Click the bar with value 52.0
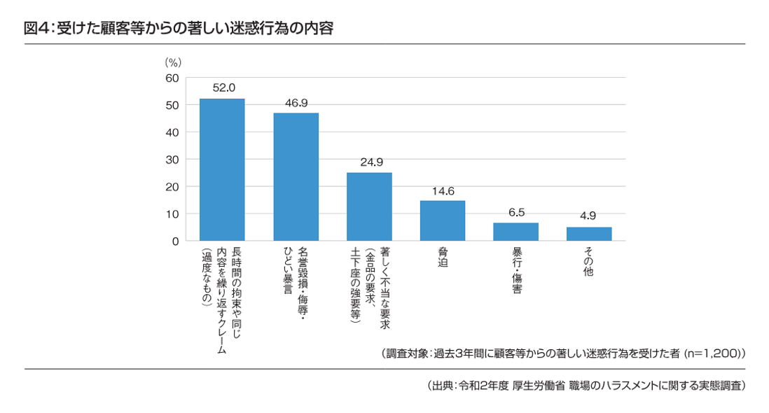[x=222, y=169]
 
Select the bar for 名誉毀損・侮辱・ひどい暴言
[x=296, y=176]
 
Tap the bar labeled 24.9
[x=369, y=206]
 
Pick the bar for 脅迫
[x=442, y=220]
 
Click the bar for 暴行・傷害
[x=515, y=232]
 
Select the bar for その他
[x=588, y=234]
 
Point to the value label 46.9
[x=296, y=103]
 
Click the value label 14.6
[x=442, y=190]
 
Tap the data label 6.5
[x=515, y=213]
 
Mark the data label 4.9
[x=588, y=217]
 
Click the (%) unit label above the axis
[x=172, y=62]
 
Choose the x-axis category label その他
[x=588, y=262]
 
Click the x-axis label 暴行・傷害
[x=515, y=269]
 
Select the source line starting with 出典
[x=586, y=386]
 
